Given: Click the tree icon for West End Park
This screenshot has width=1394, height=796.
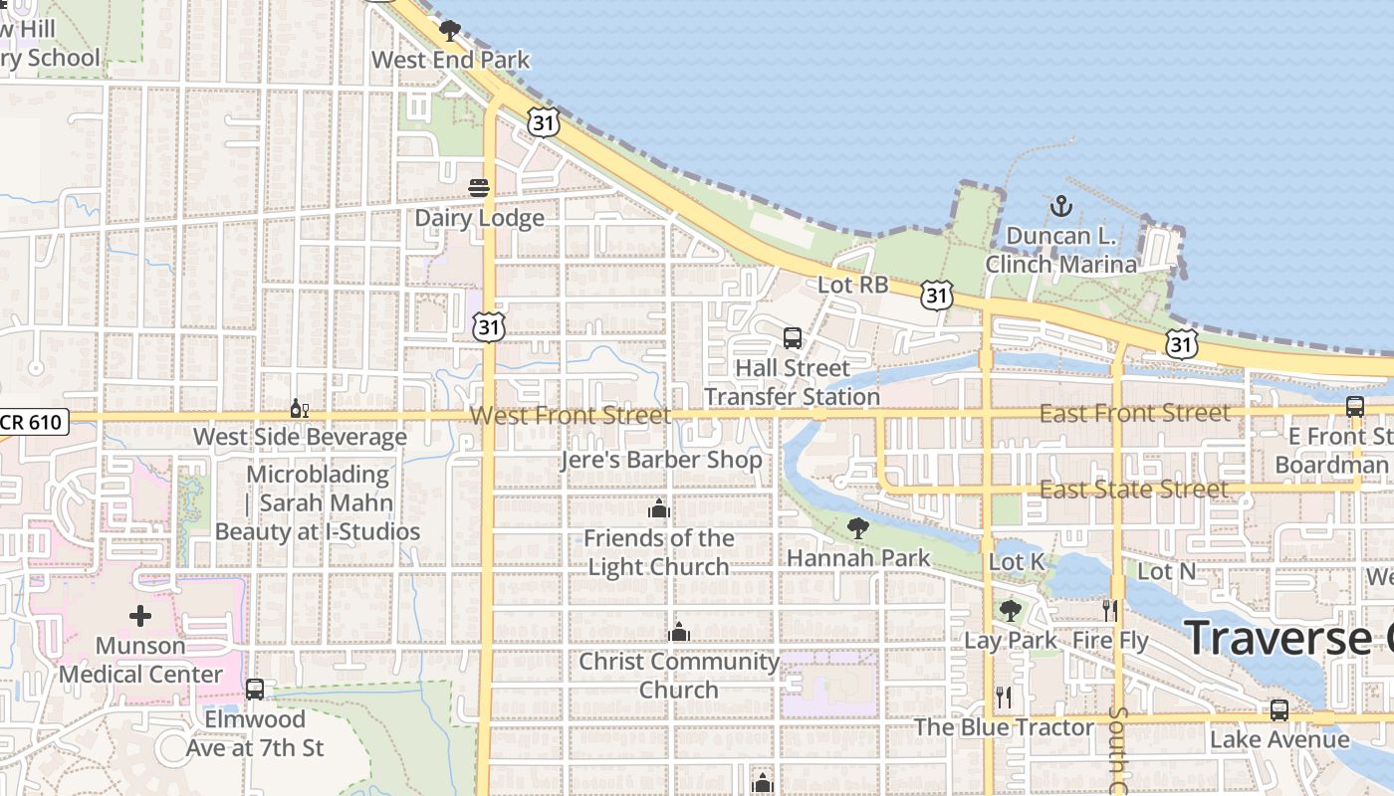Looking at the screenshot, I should (x=450, y=30).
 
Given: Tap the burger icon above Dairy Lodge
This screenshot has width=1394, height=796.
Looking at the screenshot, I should (x=479, y=188).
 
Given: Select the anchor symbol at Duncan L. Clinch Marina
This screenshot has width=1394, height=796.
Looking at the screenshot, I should (x=1061, y=207).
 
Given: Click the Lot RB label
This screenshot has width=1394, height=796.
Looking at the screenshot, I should (x=852, y=285).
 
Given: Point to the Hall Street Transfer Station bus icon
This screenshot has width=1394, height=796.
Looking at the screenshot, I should (x=793, y=338).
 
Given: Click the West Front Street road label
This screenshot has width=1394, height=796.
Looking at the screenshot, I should (x=571, y=415).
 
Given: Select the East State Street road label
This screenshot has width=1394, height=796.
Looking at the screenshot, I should (x=1133, y=490).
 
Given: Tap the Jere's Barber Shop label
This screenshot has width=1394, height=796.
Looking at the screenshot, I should (x=661, y=460).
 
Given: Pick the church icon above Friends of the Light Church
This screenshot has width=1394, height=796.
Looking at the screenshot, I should (x=658, y=510).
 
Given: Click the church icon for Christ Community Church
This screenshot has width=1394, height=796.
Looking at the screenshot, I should (x=679, y=633).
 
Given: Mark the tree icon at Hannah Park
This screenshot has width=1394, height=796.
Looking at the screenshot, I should (x=857, y=527).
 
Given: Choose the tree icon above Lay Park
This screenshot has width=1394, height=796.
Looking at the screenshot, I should (x=1010, y=610).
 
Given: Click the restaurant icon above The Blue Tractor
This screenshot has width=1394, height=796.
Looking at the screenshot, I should (x=1004, y=696).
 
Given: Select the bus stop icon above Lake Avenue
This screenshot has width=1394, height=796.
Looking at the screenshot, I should (x=1279, y=710).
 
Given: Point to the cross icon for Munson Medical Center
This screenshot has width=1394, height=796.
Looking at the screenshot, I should (x=140, y=616).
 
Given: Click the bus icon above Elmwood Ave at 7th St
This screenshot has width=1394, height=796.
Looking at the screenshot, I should (x=255, y=689).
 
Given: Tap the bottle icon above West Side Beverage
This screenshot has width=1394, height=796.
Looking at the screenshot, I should (x=299, y=408).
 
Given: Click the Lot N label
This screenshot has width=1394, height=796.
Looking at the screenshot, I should (x=1166, y=571).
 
